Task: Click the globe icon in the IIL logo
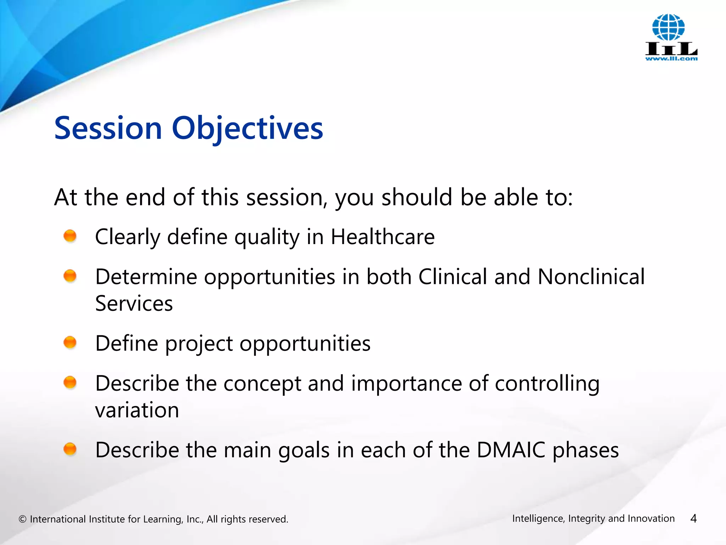[x=669, y=27]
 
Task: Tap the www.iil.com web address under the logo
[x=671, y=59]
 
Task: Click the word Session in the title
[x=108, y=128]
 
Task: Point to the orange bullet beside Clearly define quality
[x=70, y=236]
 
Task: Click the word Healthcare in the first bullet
[x=382, y=237]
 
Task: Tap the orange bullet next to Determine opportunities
[x=70, y=276]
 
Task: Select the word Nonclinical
[x=591, y=276]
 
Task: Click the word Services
[x=134, y=303]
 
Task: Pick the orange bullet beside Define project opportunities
[x=70, y=342]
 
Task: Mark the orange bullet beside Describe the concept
[x=70, y=382]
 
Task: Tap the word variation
[x=137, y=410]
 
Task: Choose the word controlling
[x=547, y=384]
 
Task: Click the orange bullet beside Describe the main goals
[x=70, y=449]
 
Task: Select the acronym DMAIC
[x=511, y=450]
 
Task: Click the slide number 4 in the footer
[x=694, y=519]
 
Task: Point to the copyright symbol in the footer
[x=23, y=519]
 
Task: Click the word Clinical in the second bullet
[x=453, y=276]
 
